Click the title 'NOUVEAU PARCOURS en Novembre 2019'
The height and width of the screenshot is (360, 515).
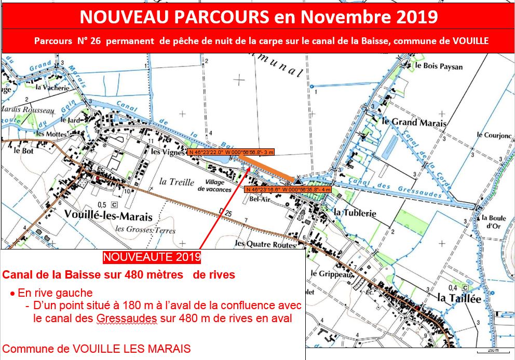point(258,17)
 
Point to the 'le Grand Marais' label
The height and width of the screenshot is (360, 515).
point(413,123)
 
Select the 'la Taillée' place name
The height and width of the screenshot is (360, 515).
point(459,298)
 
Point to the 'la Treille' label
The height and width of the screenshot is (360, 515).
point(177,182)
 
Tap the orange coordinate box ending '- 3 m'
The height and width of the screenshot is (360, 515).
point(231,153)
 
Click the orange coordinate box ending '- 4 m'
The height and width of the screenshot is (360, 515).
point(288,190)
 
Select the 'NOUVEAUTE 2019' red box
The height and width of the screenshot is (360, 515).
point(152,257)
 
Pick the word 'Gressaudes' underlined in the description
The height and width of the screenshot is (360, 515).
point(126,319)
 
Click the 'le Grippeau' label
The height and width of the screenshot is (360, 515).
point(331,274)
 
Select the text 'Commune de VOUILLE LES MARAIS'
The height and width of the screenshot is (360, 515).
point(97,349)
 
